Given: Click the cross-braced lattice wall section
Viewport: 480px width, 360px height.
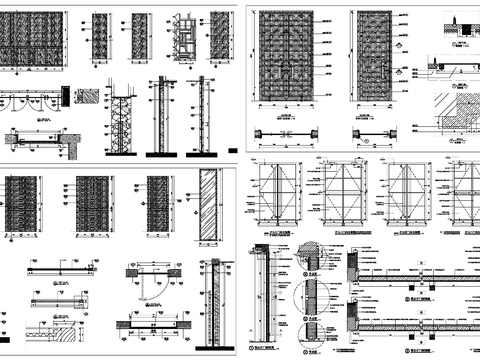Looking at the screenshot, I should click(120, 126).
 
